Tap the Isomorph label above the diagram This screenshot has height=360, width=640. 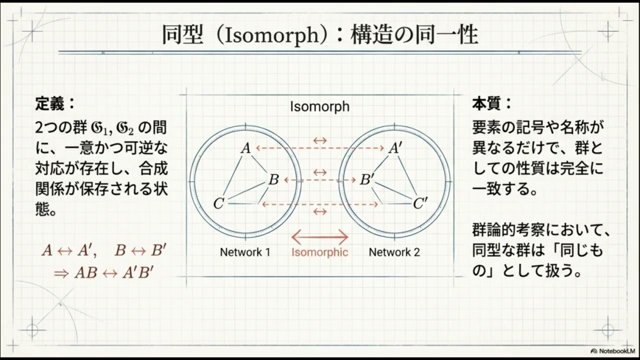coord(319,106)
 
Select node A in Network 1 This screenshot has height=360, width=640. coord(245,148)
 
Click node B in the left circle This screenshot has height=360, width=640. coord(273,179)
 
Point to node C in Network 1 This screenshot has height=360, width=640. coord(218,204)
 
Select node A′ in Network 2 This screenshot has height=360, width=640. coord(395,148)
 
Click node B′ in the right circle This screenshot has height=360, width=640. coord(367,179)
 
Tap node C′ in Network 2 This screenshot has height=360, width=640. coord(420,204)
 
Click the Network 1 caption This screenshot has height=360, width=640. coord(245,252)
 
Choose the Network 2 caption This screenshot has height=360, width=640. coord(394,252)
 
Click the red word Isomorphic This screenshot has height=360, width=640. coord(319,252)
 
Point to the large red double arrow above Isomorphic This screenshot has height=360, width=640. coord(319,236)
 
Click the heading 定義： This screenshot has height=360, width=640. coord(55,104)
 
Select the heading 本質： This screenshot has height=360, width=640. coord(492,104)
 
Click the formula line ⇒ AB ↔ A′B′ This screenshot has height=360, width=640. coord(103,273)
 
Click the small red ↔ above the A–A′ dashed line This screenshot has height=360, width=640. coord(319,140)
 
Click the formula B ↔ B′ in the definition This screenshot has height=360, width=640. coord(139,250)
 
